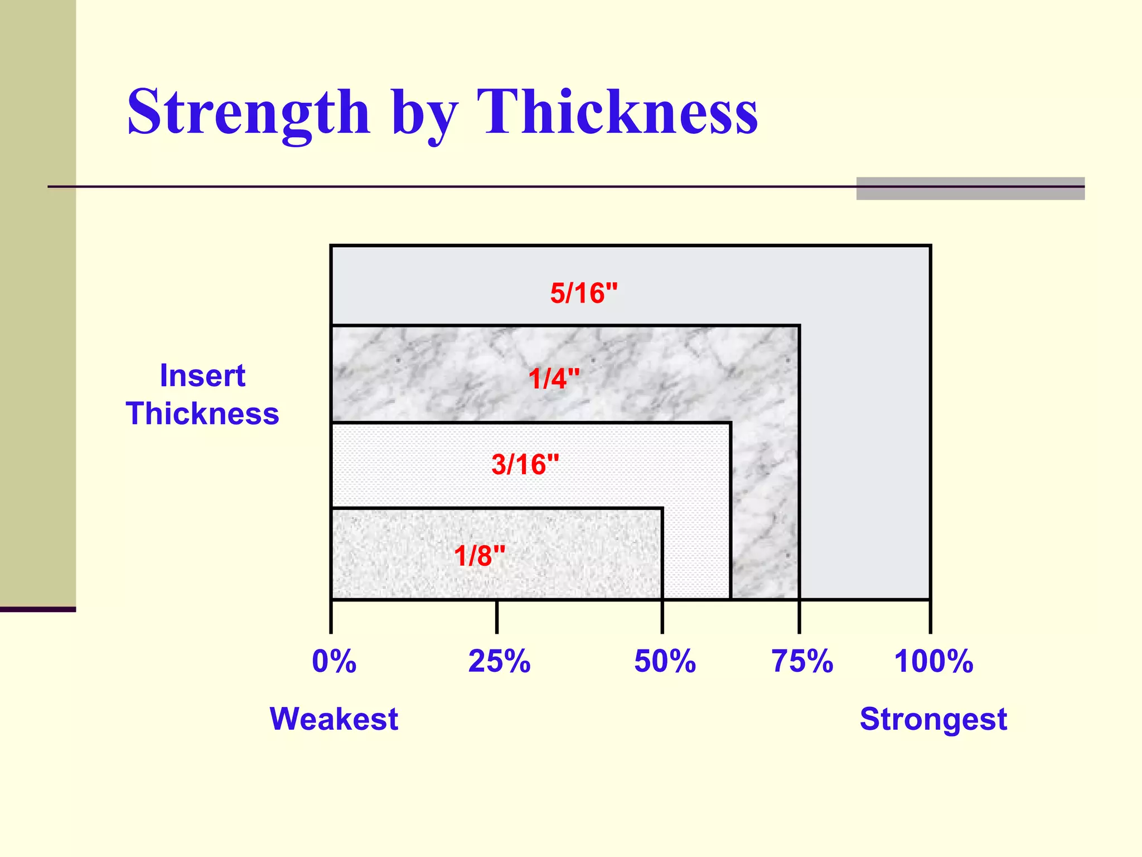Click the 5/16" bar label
click(584, 293)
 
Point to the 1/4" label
click(554, 379)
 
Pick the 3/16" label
click(525, 464)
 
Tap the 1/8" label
click(480, 556)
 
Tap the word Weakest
click(333, 719)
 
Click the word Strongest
click(933, 719)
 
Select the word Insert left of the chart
click(202, 375)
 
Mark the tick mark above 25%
click(497, 617)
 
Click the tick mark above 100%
click(930, 617)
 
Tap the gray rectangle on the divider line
click(970, 189)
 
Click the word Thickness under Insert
click(202, 413)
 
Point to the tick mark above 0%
click(331, 617)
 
